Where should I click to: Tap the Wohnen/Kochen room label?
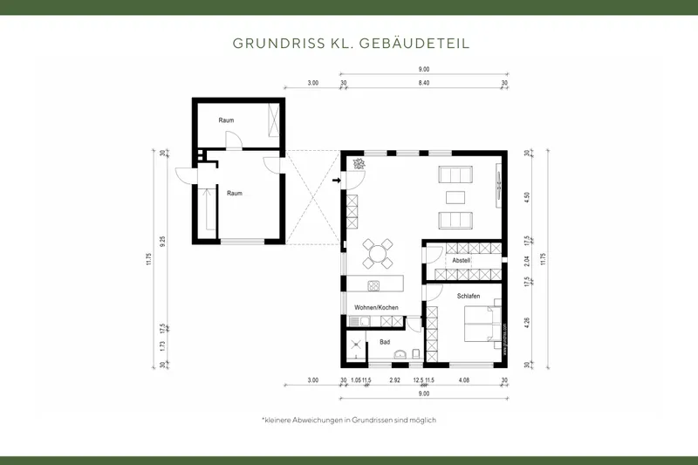[376, 308]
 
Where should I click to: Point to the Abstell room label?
[462, 261]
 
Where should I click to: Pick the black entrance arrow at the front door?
[339, 181]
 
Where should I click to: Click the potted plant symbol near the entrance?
[357, 163]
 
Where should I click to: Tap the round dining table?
[378, 255]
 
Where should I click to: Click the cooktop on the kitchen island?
[373, 285]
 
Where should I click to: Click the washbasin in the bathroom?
[399, 353]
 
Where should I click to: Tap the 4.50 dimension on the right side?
[526, 196]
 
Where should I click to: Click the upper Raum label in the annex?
[225, 120]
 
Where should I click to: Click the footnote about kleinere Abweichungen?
[348, 420]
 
